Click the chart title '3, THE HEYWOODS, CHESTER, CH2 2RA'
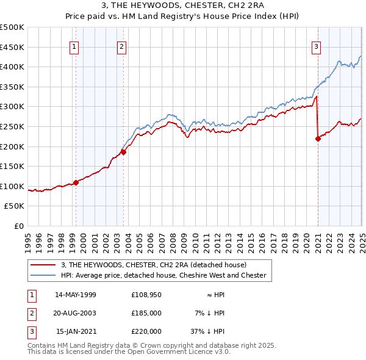[182, 7]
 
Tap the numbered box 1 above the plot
[74, 46]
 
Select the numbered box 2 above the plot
[121, 46]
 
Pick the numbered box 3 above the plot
[317, 46]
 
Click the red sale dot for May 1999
[76, 182]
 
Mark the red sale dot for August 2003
[123, 152]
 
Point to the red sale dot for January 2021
[318, 139]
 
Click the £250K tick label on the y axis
[12, 126]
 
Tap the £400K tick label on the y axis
[12, 67]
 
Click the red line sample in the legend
[44, 265]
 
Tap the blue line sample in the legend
[44, 275]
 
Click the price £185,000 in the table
[146, 313]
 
